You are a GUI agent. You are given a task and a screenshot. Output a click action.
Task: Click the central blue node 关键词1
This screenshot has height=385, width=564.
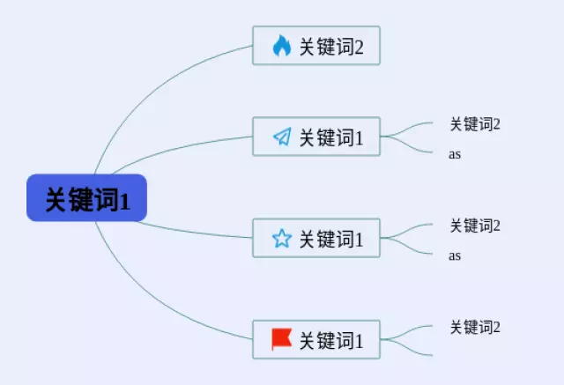point(86,197)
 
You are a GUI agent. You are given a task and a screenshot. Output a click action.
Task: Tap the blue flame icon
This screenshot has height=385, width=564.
point(282,46)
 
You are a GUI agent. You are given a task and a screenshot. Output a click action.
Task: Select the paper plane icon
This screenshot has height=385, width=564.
point(282,137)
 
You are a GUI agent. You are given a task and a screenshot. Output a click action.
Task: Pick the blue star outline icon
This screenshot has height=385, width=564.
point(282,239)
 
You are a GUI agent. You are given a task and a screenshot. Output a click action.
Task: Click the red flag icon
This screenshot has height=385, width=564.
point(281,339)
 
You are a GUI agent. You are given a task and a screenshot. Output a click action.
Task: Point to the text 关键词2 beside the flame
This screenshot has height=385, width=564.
point(331,47)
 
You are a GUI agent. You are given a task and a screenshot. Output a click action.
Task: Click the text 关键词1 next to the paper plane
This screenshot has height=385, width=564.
point(331,137)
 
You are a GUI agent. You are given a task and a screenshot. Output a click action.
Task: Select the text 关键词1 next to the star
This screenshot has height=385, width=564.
point(331,239)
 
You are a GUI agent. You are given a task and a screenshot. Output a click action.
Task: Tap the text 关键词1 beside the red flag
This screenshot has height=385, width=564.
point(331,341)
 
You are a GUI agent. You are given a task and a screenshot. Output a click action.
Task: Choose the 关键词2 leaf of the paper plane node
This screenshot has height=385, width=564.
point(475,124)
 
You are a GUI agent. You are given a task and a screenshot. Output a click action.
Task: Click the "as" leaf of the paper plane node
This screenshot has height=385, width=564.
point(455,154)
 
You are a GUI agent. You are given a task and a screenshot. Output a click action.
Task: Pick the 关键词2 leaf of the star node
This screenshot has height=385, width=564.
point(475,226)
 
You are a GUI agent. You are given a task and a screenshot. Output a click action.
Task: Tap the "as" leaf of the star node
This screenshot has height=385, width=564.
point(455,255)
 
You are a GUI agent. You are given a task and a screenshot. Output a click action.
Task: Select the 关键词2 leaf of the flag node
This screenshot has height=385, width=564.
point(475,327)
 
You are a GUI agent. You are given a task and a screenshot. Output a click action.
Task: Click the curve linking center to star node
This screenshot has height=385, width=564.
point(194,233)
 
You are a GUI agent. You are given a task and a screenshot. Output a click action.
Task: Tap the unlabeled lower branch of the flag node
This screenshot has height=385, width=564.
point(406,348)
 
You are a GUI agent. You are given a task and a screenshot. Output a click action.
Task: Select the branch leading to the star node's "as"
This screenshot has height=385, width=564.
point(406,247)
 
